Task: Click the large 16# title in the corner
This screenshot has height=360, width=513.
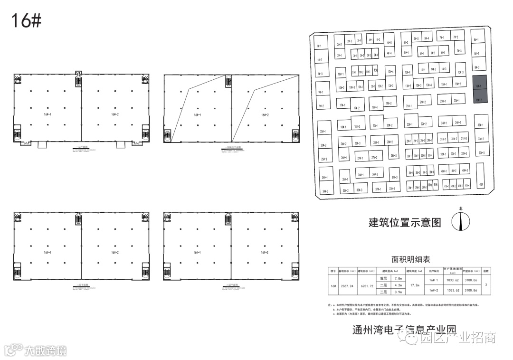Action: point(26,21)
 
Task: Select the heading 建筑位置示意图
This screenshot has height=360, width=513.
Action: point(405,222)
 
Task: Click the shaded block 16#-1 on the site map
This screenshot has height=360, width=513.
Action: point(479,85)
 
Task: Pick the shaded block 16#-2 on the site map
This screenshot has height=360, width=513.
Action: point(479,100)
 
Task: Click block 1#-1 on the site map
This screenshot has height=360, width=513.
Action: point(319,46)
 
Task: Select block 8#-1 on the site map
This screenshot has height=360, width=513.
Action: point(476,40)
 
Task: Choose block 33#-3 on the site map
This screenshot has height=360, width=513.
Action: point(481,152)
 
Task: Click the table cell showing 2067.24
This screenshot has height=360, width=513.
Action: point(351,286)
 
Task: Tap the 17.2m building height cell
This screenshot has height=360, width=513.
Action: point(415,286)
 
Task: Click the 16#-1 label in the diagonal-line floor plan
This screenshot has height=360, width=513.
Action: point(198,115)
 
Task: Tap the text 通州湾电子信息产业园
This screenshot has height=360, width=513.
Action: point(404,329)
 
